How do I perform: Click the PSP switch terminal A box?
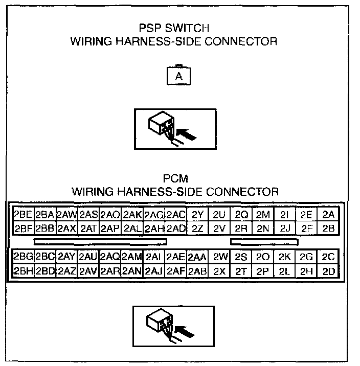(x=178, y=77)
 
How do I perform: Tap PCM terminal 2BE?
(x=23, y=214)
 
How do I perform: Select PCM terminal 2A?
(x=328, y=214)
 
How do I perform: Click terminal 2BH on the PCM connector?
(x=23, y=271)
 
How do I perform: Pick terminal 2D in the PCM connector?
(x=328, y=271)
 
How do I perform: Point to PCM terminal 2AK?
(x=132, y=214)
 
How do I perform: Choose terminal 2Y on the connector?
(x=197, y=214)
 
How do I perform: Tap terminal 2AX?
(x=66, y=228)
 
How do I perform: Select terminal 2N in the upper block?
(x=263, y=228)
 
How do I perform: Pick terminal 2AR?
(x=110, y=271)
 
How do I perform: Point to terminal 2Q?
(x=241, y=214)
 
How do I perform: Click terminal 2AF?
(x=175, y=271)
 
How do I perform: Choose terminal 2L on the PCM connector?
(x=285, y=271)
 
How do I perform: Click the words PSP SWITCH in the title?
(x=174, y=29)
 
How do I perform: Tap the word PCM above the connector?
(x=175, y=179)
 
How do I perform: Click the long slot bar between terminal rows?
(x=100, y=240)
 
